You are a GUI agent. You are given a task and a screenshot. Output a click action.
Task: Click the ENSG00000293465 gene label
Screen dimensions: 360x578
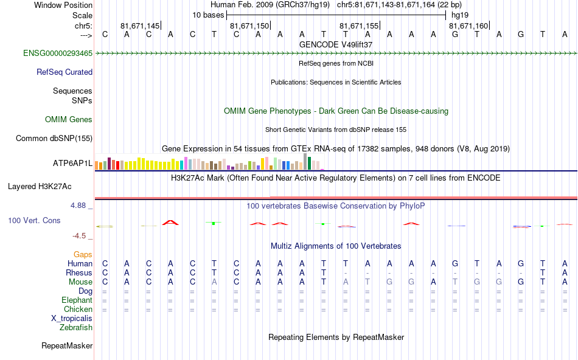(58, 54)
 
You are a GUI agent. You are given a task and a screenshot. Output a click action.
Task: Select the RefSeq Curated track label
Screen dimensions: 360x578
(64, 72)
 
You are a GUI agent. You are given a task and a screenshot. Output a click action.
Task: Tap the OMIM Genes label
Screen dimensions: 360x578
(69, 120)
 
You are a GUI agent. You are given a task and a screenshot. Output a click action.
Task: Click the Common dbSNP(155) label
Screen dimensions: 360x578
(54, 138)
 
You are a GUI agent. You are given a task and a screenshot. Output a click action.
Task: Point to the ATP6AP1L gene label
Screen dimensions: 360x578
(72, 163)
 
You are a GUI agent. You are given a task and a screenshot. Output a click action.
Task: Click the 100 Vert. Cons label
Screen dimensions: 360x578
(34, 220)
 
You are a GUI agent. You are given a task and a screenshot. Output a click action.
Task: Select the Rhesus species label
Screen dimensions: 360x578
(79, 272)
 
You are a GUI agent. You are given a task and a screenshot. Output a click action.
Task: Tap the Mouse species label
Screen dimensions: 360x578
(80, 282)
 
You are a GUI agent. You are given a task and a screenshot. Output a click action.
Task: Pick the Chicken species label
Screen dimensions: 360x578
(78, 309)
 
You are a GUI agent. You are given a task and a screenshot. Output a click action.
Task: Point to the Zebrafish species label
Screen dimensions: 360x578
(76, 327)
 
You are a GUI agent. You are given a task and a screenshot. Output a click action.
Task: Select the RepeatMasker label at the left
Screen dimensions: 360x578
(67, 346)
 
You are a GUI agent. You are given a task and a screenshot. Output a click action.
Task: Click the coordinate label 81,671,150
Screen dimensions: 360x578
(249, 26)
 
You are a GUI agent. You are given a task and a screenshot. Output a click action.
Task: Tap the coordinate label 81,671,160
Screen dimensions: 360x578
(468, 26)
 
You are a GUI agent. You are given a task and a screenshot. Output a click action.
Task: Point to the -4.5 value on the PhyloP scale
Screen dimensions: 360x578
(80, 236)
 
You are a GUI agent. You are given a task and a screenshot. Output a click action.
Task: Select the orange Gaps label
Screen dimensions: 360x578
(83, 254)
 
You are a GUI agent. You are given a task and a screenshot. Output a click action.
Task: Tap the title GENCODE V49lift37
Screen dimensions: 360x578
(336, 44)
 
